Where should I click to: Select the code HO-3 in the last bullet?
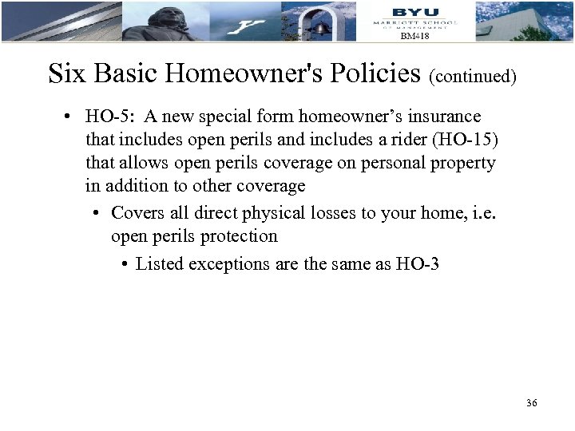pos(417,263)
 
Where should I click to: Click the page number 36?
pos(532,403)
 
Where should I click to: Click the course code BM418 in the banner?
pos(414,36)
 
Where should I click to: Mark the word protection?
pos(240,236)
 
